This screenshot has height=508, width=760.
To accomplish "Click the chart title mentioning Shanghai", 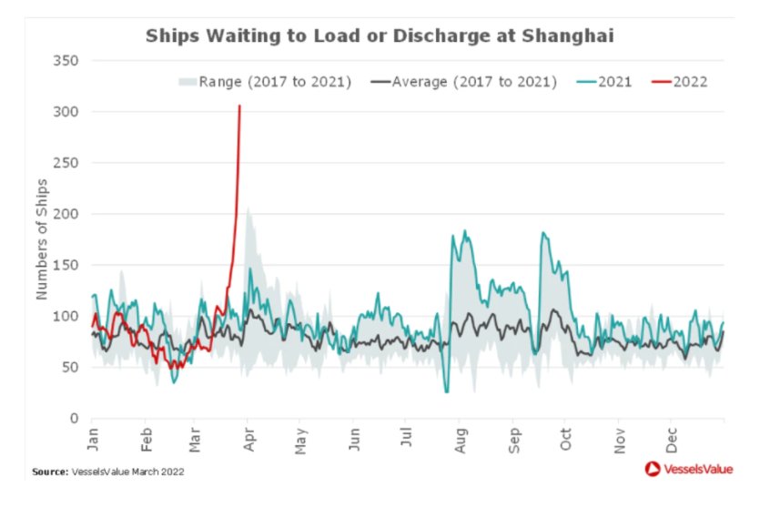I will (x=380, y=37).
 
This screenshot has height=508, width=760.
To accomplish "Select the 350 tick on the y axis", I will (x=69, y=61).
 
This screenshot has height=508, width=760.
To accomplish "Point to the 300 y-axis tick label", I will (x=69, y=112).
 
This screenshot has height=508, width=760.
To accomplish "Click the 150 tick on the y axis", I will (x=69, y=265).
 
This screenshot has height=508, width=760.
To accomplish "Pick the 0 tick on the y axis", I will (x=76, y=419).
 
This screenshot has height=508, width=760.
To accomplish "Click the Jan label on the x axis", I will (x=93, y=440).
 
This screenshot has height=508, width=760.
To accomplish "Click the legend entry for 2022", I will (x=680, y=82).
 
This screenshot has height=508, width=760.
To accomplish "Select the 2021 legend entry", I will (x=605, y=82).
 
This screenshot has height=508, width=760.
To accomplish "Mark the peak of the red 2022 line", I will (x=239, y=107).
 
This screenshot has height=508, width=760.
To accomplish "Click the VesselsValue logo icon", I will (x=651, y=470).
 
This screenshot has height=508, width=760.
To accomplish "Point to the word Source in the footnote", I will (x=49, y=472).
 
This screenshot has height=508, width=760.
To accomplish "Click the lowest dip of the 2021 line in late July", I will (x=447, y=391).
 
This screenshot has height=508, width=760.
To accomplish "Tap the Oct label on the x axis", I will (x=565, y=440).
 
